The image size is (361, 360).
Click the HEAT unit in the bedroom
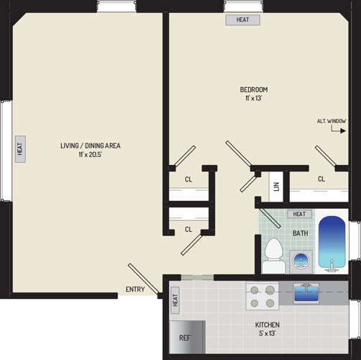pos(243,19)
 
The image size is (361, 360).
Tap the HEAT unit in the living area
pos(20,149)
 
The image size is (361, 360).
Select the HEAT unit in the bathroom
pos(299,214)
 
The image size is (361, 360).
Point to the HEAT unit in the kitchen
pos(175,300)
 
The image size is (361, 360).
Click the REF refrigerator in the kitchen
pos(188,337)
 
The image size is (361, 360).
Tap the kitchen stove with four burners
pos(262,297)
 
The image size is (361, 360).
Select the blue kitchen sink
pos(306,292)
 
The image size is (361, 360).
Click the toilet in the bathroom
pos(273,256)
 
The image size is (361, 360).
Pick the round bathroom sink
pos(301,261)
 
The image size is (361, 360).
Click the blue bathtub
pos(332,243)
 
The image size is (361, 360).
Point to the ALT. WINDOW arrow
pos(339,130)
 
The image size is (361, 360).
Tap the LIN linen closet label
pos(276,186)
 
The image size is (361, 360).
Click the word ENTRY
pos(135,289)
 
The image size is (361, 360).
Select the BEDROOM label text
pos(254,90)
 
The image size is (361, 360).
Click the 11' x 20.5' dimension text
pos(91,154)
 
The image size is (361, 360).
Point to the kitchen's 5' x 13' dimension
pos(267,333)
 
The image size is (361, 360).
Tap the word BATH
pos(301,233)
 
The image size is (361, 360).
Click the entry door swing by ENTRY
pos(143,279)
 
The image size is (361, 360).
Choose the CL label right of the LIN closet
pos(321,179)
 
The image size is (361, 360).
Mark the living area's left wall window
pos(6,151)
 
